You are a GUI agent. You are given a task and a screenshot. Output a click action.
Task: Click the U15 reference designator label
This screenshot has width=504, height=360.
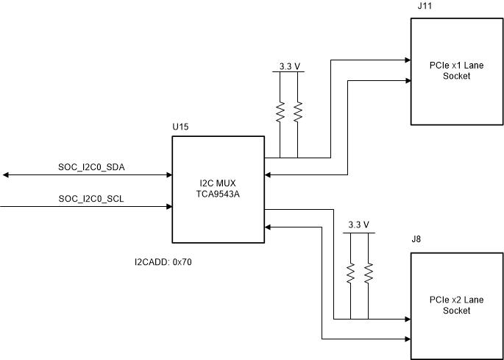pos(180,127)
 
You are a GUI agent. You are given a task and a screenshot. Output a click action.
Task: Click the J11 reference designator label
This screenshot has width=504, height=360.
pos(425,6)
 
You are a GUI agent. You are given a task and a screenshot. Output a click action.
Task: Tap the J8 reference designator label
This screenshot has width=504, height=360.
pos(416,239)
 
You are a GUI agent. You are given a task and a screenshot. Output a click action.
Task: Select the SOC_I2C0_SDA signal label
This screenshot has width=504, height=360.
pos(92,167)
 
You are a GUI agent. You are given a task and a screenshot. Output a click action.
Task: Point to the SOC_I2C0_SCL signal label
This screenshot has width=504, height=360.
pos(92,199)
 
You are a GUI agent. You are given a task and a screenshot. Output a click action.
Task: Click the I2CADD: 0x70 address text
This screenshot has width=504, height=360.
pos(163,261)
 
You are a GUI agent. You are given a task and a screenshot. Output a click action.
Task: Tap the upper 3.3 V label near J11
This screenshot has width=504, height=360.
pos(290,66)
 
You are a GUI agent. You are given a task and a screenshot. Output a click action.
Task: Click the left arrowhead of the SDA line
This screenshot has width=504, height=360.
pos(5,174)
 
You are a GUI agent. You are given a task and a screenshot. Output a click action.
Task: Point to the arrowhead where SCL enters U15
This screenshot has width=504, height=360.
pos(168,207)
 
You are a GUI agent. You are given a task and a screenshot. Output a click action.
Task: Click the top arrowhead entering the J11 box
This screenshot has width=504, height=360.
pos(407,60)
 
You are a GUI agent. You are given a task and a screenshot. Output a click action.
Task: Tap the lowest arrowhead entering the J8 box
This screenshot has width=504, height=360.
pos(407,339)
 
